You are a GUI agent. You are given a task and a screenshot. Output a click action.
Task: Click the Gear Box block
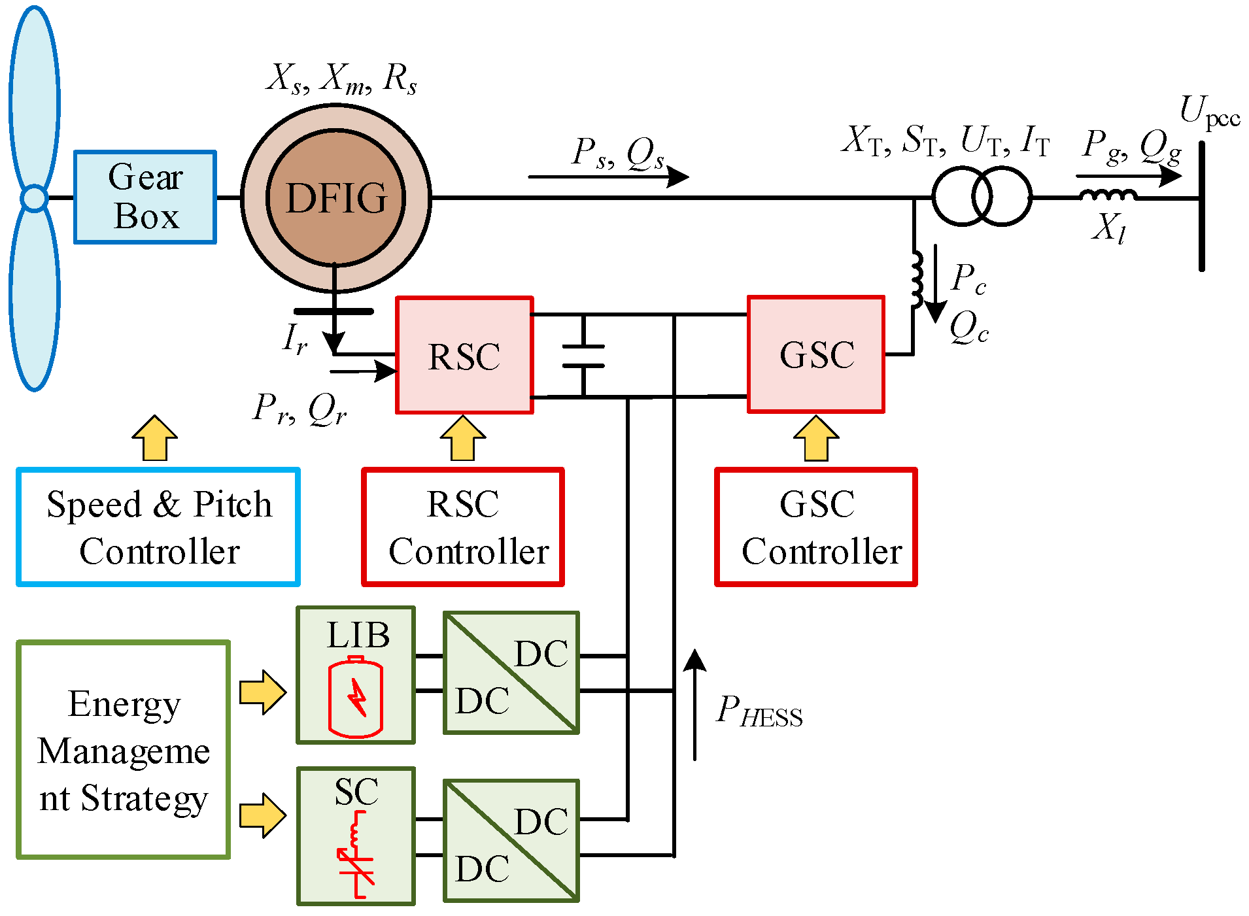(145, 197)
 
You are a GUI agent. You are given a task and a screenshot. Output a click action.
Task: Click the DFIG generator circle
(336, 197)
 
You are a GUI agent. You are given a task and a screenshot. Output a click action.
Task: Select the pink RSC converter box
(464, 356)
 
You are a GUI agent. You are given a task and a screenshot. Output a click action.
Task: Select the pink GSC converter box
(816, 354)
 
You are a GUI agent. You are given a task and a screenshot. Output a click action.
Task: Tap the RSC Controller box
(463, 527)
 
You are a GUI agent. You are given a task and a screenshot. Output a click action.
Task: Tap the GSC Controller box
(816, 527)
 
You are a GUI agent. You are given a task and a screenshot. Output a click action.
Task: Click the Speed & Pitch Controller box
(158, 527)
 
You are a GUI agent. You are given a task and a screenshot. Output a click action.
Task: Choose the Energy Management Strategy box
(124, 750)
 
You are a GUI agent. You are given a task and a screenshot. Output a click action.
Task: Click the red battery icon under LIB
(355, 697)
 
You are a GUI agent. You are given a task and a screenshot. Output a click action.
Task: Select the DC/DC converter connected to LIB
(511, 673)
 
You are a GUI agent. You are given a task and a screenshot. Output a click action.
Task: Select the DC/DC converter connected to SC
(511, 840)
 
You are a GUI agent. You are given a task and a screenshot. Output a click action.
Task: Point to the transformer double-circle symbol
(981, 196)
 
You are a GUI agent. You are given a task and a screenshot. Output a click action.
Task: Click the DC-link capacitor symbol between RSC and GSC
(583, 356)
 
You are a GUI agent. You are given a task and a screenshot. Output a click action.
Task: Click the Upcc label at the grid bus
(1209, 112)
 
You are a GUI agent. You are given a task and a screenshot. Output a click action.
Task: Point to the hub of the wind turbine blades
(34, 197)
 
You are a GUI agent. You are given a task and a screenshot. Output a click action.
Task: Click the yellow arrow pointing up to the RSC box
(463, 438)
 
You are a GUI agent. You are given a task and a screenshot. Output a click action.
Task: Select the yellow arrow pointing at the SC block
(262, 815)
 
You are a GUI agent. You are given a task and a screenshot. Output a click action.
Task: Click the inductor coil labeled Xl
(1107, 195)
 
